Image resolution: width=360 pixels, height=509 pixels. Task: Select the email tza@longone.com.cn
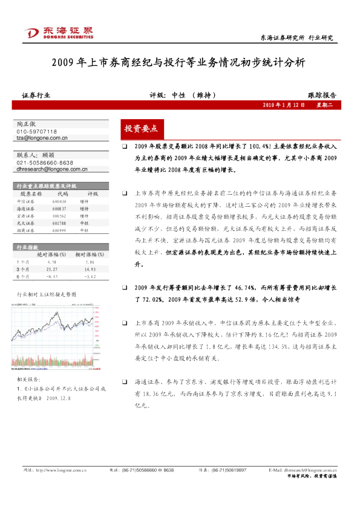[x=42, y=138]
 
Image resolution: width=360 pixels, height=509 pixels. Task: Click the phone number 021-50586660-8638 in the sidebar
[x=45, y=163]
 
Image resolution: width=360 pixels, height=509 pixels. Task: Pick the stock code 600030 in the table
[x=59, y=201]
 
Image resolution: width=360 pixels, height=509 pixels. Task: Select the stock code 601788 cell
[x=59, y=222]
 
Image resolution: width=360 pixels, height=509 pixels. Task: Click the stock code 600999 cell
[x=59, y=230]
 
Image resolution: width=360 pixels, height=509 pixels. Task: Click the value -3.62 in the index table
[x=91, y=276]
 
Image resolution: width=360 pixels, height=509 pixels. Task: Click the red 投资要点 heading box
[x=140, y=129]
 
